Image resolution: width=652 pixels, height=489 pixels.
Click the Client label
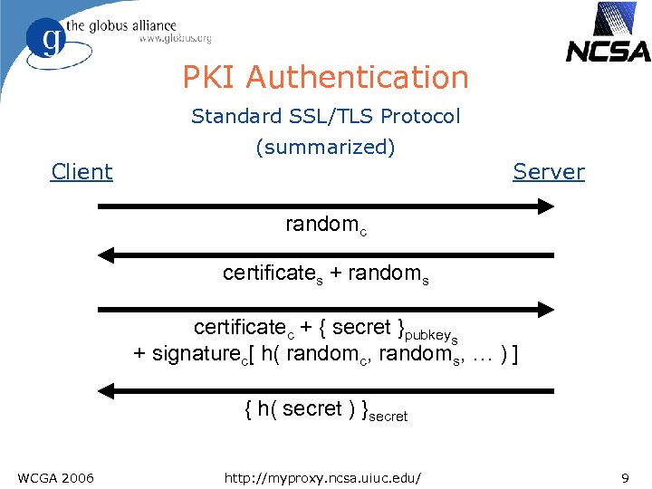point(82,172)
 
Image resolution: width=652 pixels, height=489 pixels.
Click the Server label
point(549,172)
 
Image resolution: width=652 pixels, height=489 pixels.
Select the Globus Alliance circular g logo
point(45,42)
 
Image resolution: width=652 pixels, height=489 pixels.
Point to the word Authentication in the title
point(357,78)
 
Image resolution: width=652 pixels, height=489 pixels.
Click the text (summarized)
point(326,147)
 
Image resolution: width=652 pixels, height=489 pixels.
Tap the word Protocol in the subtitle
point(420,116)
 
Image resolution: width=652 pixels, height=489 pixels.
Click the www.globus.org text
point(175,39)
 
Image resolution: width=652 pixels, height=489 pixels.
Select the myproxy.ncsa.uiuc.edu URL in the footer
point(325,476)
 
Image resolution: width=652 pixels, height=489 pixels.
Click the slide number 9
point(625,476)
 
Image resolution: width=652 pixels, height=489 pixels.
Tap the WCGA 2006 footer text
point(54,476)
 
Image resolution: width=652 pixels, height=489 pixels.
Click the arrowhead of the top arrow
point(545,206)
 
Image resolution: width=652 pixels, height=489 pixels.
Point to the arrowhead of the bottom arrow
point(107,391)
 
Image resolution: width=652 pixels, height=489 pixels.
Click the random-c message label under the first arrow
point(326,225)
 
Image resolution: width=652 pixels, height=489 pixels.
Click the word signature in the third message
point(193,354)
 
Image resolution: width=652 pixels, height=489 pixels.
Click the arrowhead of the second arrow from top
point(107,254)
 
